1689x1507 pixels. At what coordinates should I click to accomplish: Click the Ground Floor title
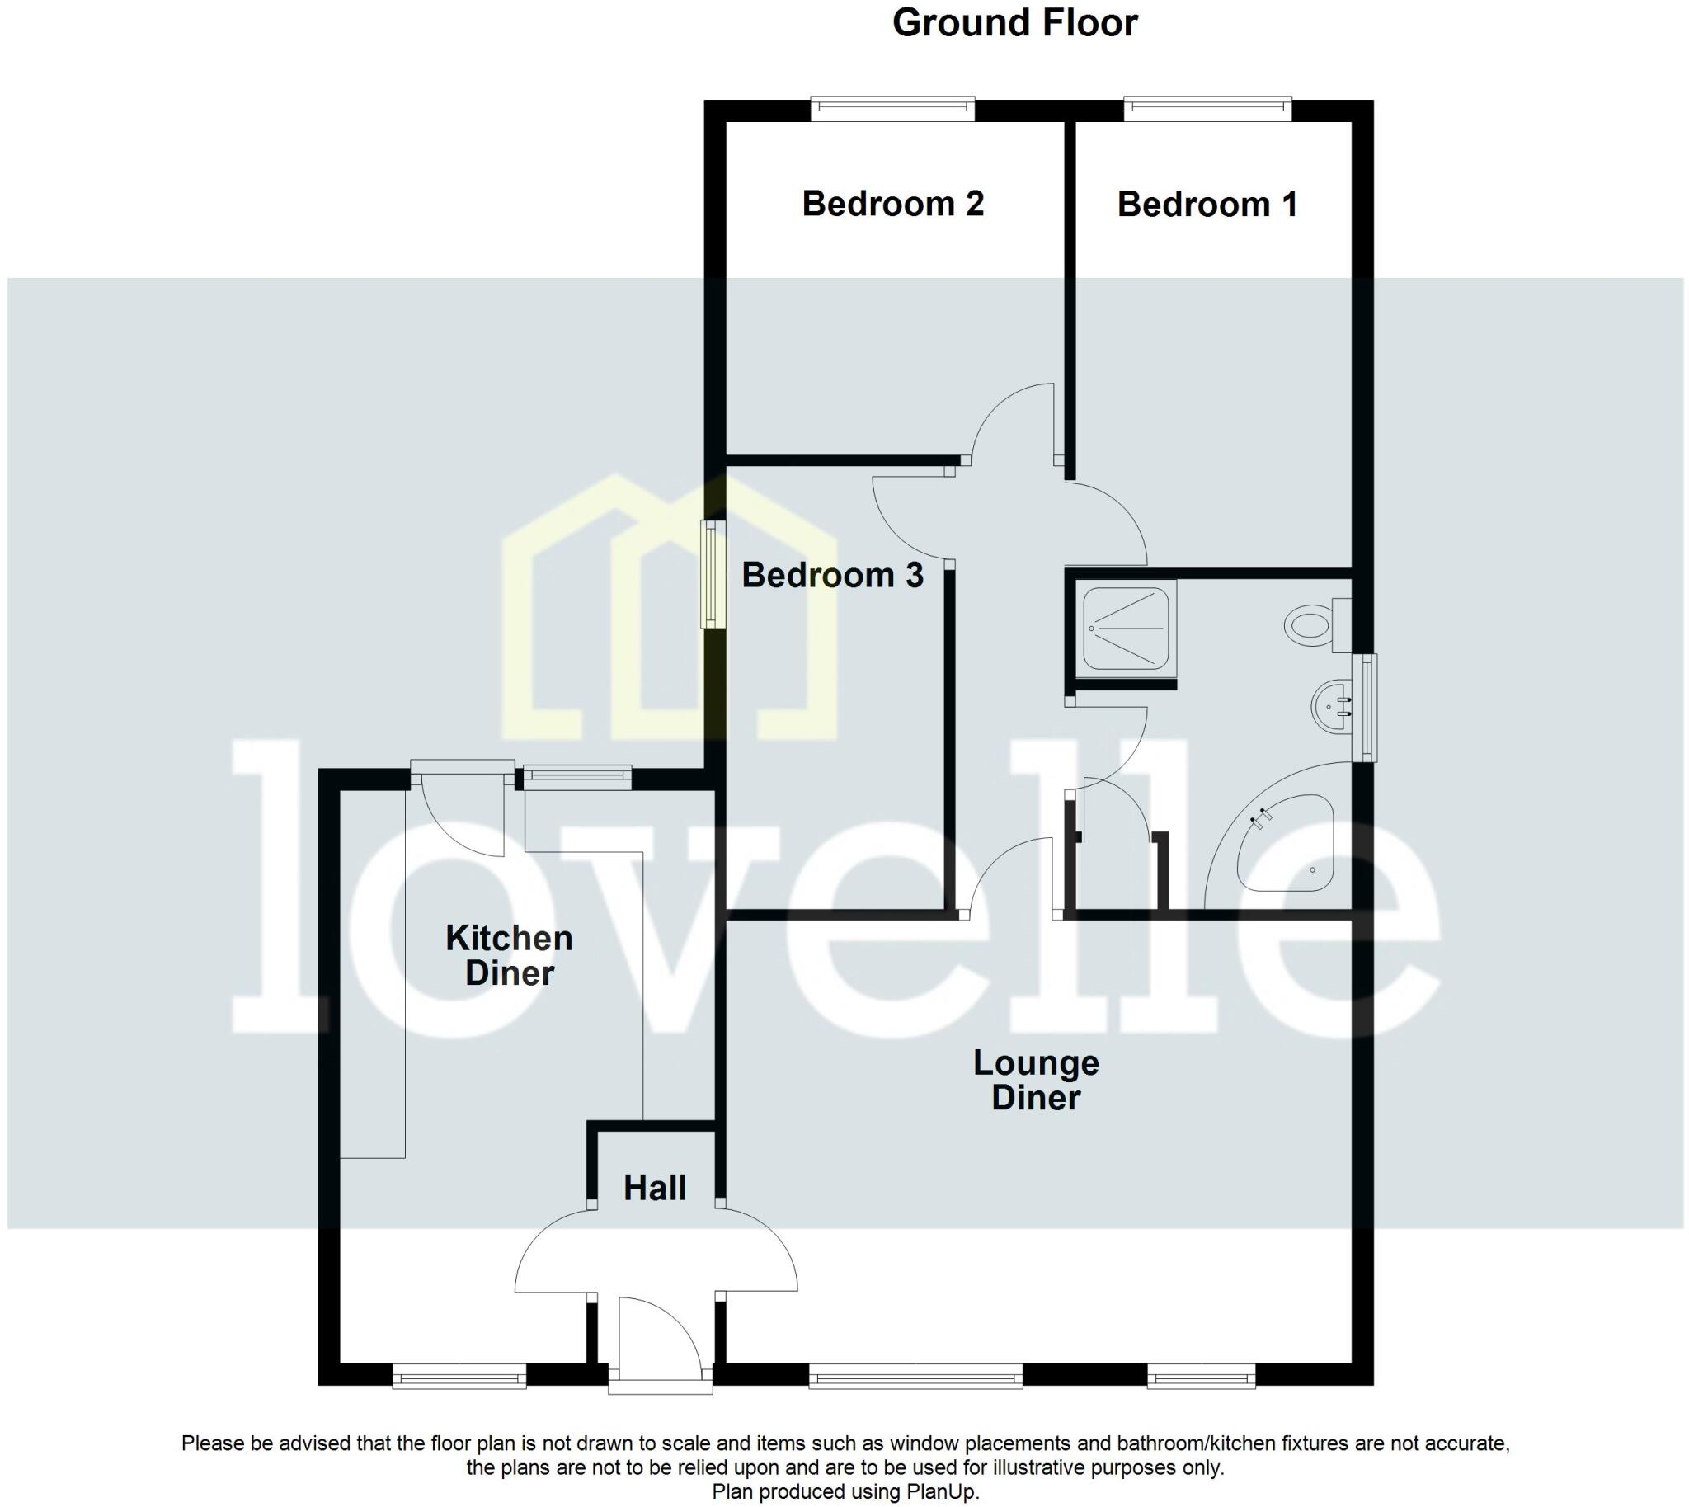coord(1014,23)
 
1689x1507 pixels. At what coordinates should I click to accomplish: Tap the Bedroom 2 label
coord(892,204)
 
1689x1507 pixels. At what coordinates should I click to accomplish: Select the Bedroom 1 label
coord(1207,205)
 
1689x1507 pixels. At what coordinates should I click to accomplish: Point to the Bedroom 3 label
coord(831,575)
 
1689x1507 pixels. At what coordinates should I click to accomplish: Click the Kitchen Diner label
coord(508,954)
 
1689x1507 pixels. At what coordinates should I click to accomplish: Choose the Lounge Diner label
coord(1036,1080)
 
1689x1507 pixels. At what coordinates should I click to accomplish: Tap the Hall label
coord(654,1188)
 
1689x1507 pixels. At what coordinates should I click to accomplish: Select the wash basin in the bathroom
coord(1331,707)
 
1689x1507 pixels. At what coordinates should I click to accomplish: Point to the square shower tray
coord(1125,627)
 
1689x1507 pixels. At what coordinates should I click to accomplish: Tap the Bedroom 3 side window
coord(711,573)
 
